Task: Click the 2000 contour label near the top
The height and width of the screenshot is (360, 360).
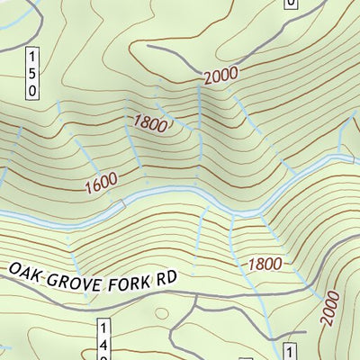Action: tap(223, 76)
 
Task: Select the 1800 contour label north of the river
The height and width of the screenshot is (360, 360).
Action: tap(151, 123)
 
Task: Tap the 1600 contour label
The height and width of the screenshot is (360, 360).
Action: tap(102, 185)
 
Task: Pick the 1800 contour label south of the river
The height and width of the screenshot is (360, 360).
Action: tap(263, 265)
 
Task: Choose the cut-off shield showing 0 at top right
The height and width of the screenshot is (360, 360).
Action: tap(290, 4)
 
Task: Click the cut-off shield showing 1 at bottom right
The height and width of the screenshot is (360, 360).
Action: tap(291, 352)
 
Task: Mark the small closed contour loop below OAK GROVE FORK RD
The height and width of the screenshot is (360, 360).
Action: tap(163, 313)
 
